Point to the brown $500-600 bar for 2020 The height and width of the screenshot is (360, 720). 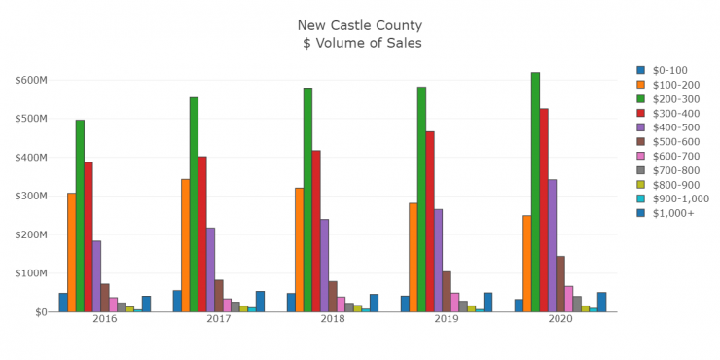[x=560, y=283]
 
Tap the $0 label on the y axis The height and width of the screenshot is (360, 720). [x=40, y=312]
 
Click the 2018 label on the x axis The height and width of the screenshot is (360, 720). [x=333, y=319]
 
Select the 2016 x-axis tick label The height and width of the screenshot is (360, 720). [x=105, y=319]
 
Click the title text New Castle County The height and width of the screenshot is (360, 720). [x=360, y=25]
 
